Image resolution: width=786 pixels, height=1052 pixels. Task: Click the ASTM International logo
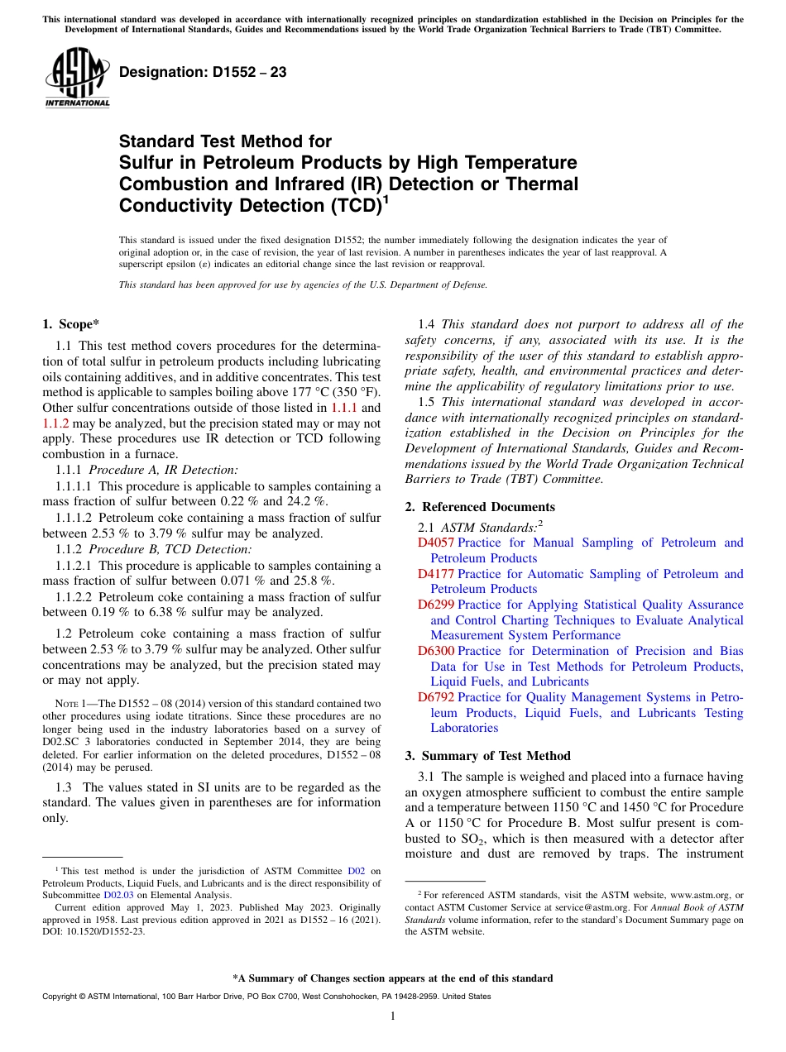77,77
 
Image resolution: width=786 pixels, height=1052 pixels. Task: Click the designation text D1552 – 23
203,72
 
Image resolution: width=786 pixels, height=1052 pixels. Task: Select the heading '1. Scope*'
71,324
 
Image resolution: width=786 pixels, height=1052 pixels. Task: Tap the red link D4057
436,543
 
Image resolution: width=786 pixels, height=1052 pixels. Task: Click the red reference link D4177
436,574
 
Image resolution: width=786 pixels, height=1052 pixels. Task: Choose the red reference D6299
436,605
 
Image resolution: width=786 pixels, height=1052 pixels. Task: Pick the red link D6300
436,652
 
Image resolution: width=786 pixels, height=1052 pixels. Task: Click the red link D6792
436,698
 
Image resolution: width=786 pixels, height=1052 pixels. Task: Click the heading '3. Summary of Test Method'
487,756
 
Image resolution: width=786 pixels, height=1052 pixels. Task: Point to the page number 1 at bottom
393,1016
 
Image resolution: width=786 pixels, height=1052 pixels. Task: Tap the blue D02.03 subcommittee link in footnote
118,895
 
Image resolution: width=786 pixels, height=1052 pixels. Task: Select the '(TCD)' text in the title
351,204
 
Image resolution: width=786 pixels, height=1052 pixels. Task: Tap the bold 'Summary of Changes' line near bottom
392,978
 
